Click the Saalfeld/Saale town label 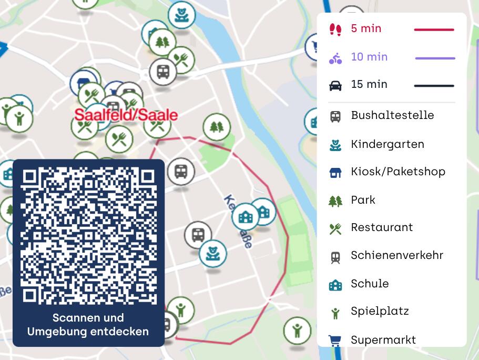(x=126, y=115)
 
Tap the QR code (x=88, y=235)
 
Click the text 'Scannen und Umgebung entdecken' (x=88, y=325)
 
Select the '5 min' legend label (x=366, y=29)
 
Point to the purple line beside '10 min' (x=435, y=58)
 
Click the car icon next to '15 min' (x=335, y=85)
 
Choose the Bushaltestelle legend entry (x=392, y=115)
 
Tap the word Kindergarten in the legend (x=388, y=144)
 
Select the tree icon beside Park (x=335, y=201)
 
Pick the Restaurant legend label (x=382, y=227)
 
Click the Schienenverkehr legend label (x=397, y=255)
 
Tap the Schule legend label (x=370, y=284)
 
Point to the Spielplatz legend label (x=380, y=311)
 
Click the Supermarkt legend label (x=383, y=340)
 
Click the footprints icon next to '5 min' (x=335, y=29)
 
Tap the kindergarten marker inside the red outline (x=213, y=253)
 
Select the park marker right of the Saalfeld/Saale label (x=217, y=127)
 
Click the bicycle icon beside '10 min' (x=335, y=58)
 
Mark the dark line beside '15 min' (x=434, y=85)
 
